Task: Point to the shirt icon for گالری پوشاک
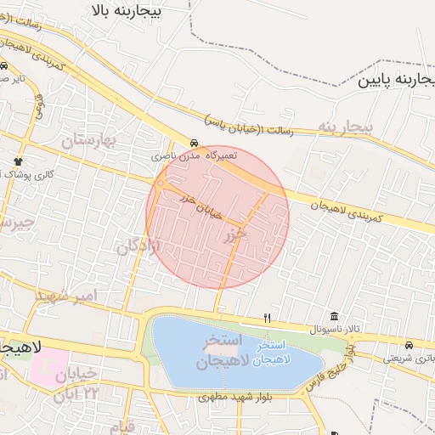[17, 161]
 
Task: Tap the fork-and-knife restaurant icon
[268, 318]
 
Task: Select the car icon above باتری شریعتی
[410, 346]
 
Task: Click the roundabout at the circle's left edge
[161, 184]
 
